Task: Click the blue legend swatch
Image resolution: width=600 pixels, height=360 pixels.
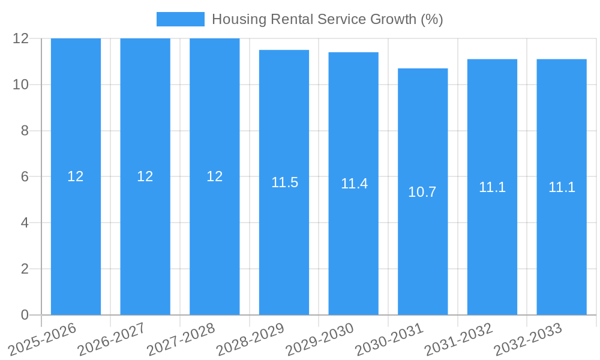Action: (x=180, y=19)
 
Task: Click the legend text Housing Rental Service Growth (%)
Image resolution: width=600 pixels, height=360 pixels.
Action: (x=327, y=19)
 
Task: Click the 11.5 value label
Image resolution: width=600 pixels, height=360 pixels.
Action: (x=284, y=182)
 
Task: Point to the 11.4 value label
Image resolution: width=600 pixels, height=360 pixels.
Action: (x=354, y=184)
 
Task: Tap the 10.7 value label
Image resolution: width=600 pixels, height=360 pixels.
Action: (x=422, y=192)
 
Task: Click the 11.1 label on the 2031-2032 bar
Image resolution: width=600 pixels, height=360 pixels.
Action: (x=492, y=187)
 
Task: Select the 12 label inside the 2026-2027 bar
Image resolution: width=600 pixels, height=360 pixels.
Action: (x=145, y=176)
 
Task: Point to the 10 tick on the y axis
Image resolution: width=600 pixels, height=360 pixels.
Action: (x=20, y=85)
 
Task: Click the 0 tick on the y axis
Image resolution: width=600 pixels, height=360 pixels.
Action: (x=25, y=315)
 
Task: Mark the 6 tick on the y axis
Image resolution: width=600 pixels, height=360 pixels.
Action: (x=25, y=177)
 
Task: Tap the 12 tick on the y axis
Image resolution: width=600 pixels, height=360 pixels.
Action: (x=20, y=38)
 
